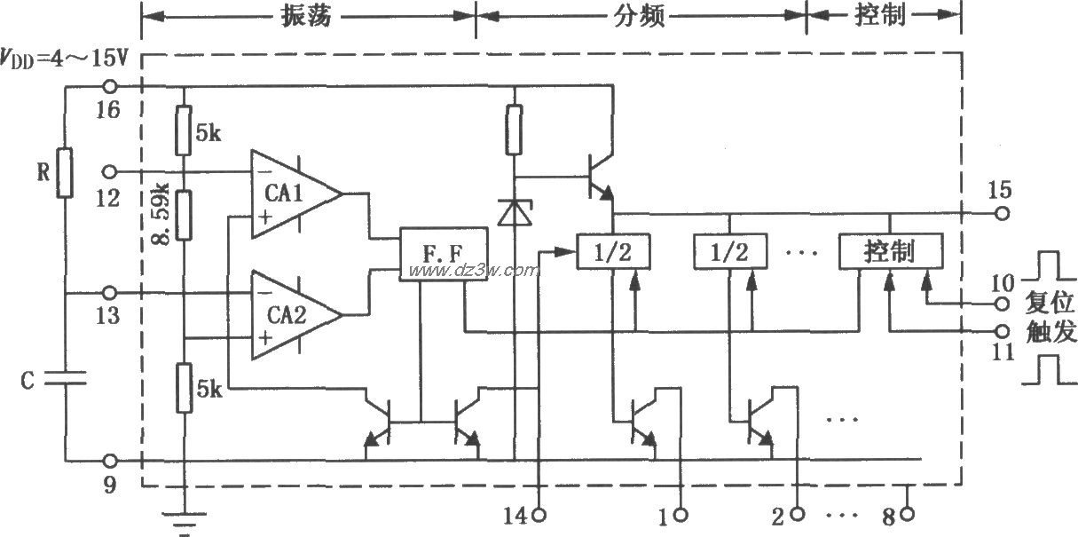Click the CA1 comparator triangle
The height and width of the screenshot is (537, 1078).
294,193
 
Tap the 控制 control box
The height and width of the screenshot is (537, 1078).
891,252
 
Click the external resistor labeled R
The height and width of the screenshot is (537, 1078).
65,173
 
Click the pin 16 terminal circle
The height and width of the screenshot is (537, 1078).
110,86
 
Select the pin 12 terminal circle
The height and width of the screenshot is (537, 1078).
110,170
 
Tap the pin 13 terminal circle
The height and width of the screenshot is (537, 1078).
110,292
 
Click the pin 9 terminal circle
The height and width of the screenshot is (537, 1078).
110,461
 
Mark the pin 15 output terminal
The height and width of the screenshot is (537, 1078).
1003,213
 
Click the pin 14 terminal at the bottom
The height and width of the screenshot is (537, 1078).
539,514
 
